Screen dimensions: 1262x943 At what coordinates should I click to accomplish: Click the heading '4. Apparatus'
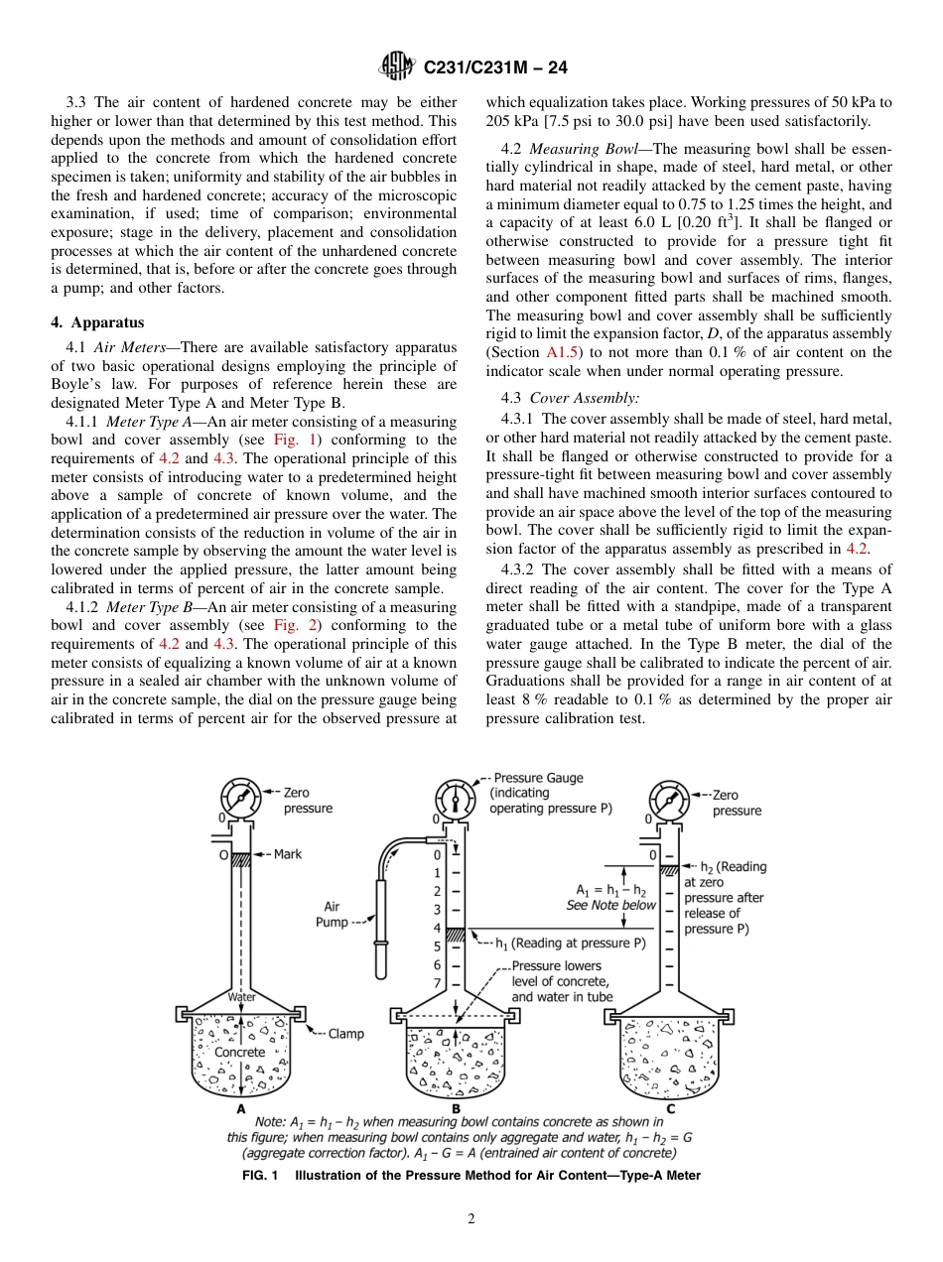pyautogui.click(x=97, y=322)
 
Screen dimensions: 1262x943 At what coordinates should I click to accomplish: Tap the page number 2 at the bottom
pyautogui.click(x=471, y=1219)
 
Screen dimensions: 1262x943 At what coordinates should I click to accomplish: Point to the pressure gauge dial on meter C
pyautogui.click(x=667, y=798)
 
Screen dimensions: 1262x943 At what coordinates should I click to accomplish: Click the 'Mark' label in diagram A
pyautogui.click(x=288, y=854)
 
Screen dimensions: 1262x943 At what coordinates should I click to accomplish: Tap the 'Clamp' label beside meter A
pyautogui.click(x=345, y=1034)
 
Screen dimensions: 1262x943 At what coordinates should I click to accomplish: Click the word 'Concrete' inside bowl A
pyautogui.click(x=240, y=1052)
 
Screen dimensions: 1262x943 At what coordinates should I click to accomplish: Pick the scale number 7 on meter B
pyautogui.click(x=437, y=983)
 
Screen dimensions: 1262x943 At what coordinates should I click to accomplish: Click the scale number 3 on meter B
pyautogui.click(x=437, y=909)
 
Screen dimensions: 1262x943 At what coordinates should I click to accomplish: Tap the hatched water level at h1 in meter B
pyautogui.click(x=455, y=935)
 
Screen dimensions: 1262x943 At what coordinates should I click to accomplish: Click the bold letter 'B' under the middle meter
pyautogui.click(x=455, y=1108)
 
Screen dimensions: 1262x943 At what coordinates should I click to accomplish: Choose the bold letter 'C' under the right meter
pyautogui.click(x=670, y=1108)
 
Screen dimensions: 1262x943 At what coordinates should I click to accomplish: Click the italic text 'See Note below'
pyautogui.click(x=611, y=905)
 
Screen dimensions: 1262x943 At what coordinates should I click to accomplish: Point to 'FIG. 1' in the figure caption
pyautogui.click(x=262, y=1176)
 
